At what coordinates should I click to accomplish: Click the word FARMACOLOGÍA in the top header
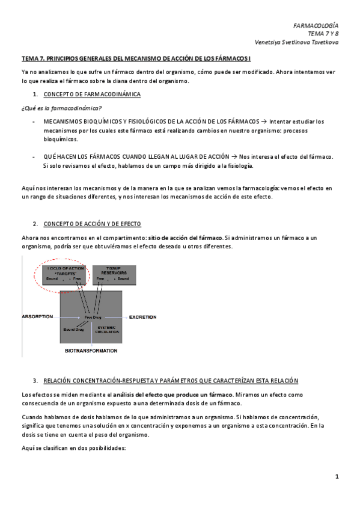click(315, 26)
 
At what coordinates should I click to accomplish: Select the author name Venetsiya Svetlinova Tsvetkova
click(296, 43)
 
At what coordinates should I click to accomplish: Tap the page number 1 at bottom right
click(337, 477)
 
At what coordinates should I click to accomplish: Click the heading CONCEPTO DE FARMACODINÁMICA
click(93, 95)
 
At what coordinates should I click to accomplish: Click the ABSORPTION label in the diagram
click(38, 316)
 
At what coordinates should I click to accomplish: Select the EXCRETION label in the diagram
click(143, 316)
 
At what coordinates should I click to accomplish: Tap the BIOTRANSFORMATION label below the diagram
click(91, 350)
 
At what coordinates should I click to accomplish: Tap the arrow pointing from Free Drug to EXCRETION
click(114, 316)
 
